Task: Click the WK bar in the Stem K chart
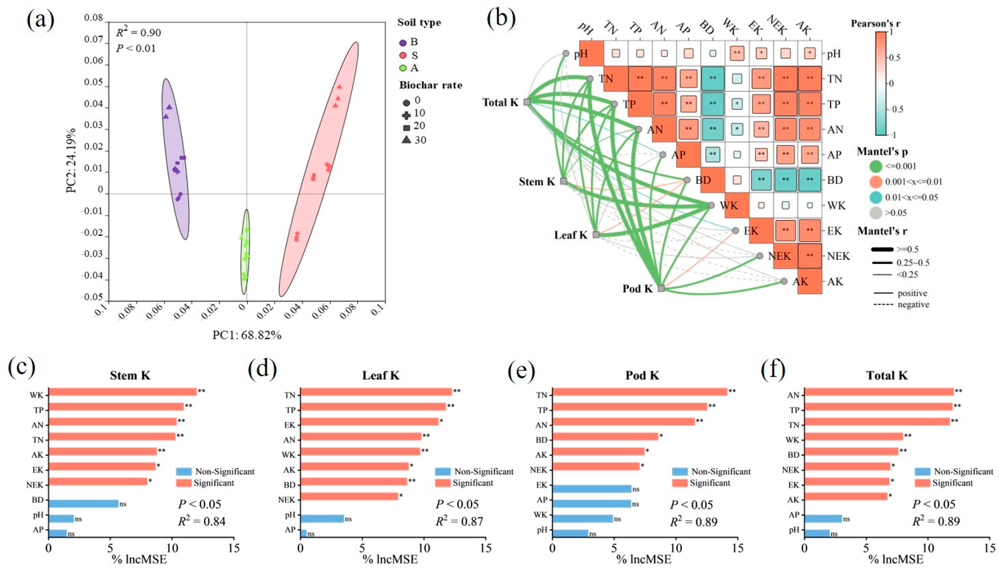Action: pos(123,392)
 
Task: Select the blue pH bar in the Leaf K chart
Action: pos(322,518)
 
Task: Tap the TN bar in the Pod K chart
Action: pos(639,392)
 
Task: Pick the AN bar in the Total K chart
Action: pos(879,392)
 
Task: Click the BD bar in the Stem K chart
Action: pos(84,504)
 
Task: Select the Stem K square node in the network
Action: pos(563,181)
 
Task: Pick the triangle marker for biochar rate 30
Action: pos(406,140)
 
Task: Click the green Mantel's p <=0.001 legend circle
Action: pos(876,166)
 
